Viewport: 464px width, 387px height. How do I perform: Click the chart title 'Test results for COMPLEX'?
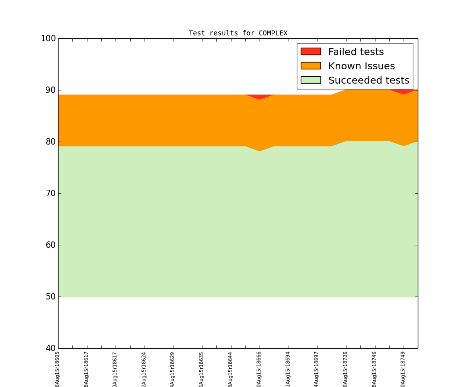click(238, 33)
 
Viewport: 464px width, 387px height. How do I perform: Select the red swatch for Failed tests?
click(311, 52)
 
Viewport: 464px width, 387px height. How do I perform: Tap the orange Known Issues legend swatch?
click(311, 66)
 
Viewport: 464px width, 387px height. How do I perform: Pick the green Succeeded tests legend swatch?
click(311, 80)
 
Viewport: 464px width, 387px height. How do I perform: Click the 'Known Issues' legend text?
click(361, 66)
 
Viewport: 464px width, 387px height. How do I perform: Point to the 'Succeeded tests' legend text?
click(369, 80)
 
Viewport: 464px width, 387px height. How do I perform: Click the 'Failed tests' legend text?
click(356, 52)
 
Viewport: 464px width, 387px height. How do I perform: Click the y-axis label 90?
click(49, 90)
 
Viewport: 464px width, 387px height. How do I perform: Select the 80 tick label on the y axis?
click(49, 142)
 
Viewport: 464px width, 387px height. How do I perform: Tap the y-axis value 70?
click(49, 193)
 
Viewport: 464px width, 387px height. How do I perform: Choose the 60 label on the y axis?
click(49, 245)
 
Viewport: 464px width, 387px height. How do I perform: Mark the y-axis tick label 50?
click(49, 297)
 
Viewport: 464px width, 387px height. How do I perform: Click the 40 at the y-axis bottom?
click(49, 348)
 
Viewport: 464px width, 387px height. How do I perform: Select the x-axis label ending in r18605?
click(58, 369)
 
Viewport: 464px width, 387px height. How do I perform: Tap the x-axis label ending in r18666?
click(259, 369)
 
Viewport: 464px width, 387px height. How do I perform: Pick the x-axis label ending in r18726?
click(346, 369)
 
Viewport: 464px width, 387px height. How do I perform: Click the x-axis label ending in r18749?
click(403, 369)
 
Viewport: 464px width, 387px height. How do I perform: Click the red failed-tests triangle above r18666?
click(260, 96)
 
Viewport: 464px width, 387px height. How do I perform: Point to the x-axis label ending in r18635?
click(202, 369)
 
